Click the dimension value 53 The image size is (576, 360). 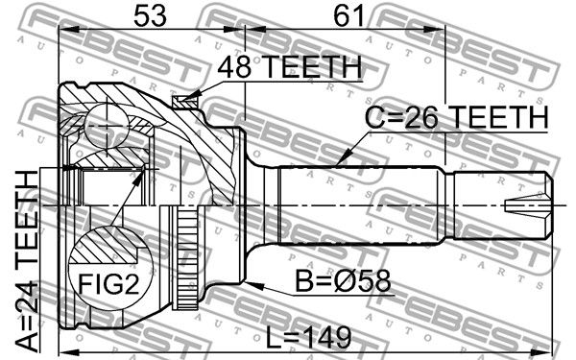(150, 15)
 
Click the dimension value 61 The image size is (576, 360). (348, 15)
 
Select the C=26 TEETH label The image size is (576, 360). (457, 117)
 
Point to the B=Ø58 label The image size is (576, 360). (343, 281)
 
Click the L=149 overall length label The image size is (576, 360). (308, 338)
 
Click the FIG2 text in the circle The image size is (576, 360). (109, 283)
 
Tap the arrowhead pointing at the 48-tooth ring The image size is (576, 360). (192, 96)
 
